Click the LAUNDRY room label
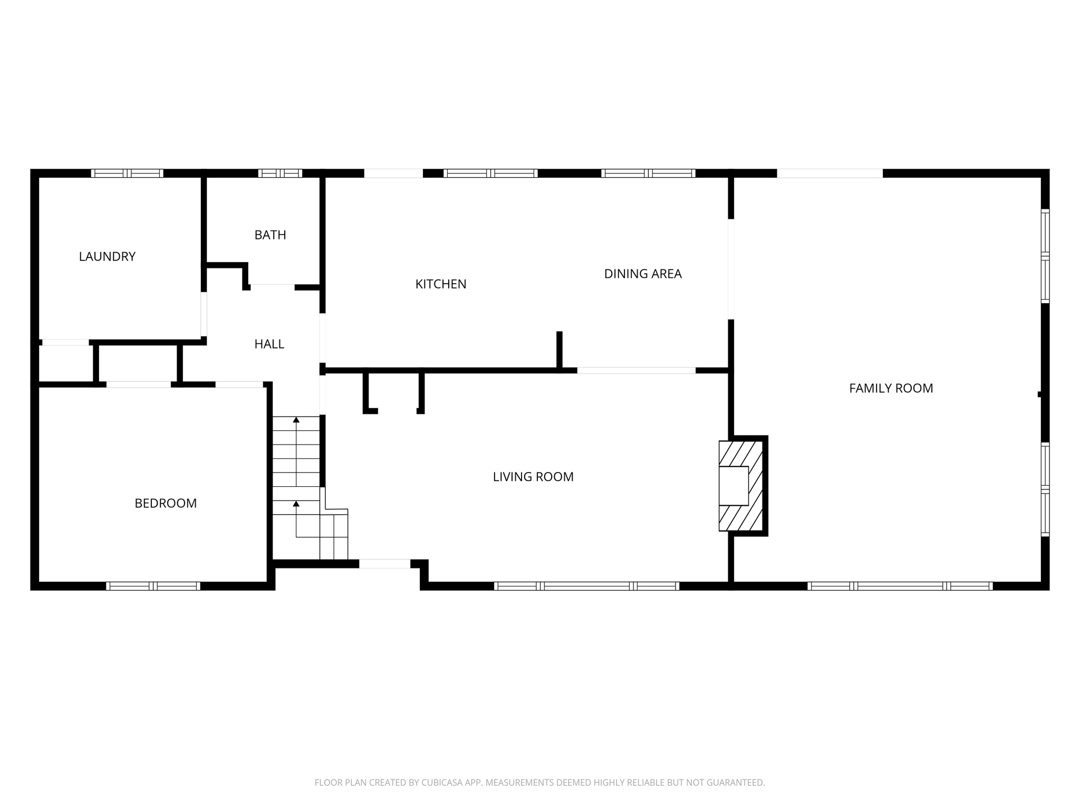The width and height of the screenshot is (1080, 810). [107, 256]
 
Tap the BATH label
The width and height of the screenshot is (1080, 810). [270, 235]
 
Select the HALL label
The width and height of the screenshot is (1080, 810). [269, 344]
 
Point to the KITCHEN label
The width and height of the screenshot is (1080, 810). [440, 284]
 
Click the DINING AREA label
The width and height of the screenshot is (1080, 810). [642, 274]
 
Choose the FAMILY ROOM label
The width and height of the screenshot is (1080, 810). [891, 389]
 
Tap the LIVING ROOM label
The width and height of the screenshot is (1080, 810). [533, 477]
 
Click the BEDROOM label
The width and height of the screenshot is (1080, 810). [166, 504]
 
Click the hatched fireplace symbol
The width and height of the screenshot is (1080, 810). [741, 486]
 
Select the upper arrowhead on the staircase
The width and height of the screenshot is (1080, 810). [296, 420]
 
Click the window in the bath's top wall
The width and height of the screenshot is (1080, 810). [280, 173]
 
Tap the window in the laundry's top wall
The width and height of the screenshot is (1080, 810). [127, 173]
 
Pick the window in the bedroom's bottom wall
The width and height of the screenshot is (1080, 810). [153, 586]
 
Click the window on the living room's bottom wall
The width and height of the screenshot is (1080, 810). [586, 586]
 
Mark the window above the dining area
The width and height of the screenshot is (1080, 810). [648, 173]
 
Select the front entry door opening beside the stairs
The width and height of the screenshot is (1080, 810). [384, 564]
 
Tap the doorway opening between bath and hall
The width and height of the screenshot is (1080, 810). [272, 287]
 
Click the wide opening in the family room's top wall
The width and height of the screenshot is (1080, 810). [830, 173]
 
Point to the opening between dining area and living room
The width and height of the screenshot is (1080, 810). [636, 370]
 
